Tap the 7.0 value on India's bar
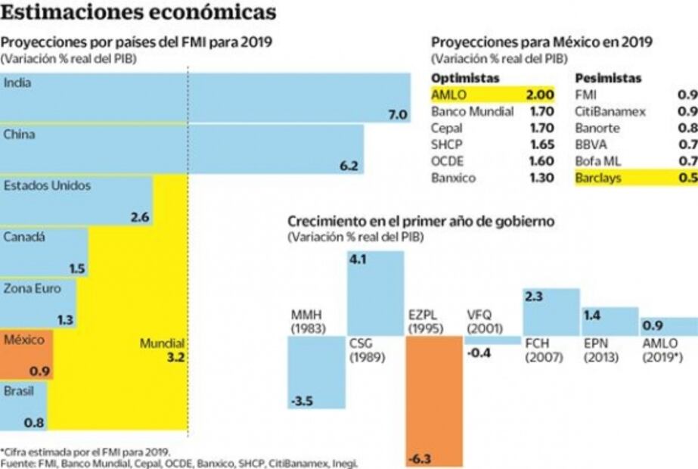coord(398,115)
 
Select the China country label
coord(20,135)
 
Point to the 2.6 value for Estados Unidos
coord(140,217)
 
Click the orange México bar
coord(26,354)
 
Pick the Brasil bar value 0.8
coord(34,422)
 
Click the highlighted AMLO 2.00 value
coord(540,95)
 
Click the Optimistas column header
coord(465,78)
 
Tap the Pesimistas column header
coord(608,78)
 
